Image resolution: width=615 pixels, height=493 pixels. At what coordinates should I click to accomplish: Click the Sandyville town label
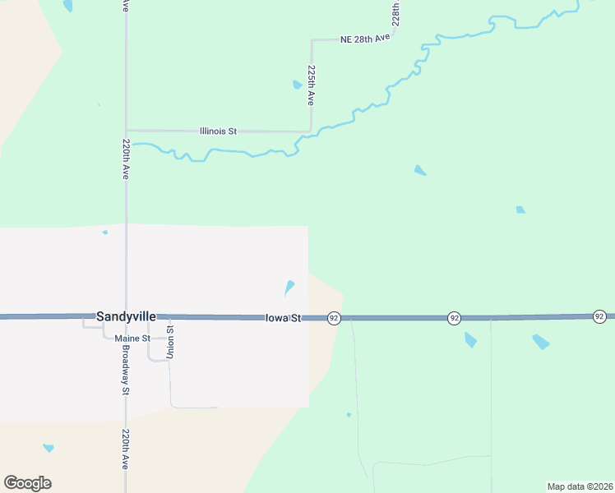point(126,316)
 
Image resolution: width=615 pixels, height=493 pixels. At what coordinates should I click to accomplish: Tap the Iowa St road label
point(284,318)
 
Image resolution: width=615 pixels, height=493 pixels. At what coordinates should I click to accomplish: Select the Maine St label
point(133,338)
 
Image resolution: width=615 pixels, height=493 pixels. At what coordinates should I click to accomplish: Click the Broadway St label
point(126,369)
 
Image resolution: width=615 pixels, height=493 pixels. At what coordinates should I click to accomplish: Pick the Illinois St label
point(218,131)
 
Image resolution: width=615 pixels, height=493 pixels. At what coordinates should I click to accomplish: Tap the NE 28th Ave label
point(364,39)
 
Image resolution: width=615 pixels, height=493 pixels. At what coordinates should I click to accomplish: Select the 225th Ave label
point(311,85)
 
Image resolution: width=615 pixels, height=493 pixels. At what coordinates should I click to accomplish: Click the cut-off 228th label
point(395,13)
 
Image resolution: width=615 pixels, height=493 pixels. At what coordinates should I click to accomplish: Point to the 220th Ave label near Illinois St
point(126,159)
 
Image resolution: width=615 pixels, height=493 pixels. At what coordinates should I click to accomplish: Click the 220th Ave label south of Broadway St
point(126,449)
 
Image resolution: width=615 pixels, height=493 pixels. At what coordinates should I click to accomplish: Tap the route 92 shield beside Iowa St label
point(333,318)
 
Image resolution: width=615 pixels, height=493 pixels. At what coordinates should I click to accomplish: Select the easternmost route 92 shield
point(599,316)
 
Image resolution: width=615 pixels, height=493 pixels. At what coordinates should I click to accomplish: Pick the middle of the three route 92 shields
point(454,318)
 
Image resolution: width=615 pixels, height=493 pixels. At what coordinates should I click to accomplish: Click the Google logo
point(27,483)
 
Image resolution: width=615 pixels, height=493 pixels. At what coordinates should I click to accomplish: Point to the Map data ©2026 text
point(580,486)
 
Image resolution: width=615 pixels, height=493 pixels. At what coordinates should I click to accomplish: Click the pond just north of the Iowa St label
point(289,288)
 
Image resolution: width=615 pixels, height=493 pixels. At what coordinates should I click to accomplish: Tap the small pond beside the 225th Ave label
point(297,84)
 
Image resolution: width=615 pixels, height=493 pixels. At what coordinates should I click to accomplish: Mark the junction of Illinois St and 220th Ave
point(126,130)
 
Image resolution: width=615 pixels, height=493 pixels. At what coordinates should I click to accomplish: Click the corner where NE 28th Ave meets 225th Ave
point(312,39)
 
